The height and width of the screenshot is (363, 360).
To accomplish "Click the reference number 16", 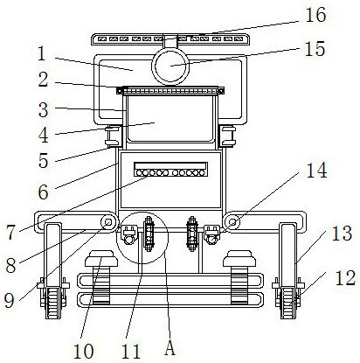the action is [x=315, y=15].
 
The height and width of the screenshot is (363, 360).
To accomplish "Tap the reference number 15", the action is [x=315, y=49].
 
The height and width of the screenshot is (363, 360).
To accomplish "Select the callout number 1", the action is [x=42, y=54].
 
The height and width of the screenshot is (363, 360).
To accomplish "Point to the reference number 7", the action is [x=10, y=233].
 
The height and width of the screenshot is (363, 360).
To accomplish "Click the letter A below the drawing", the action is [x=170, y=348].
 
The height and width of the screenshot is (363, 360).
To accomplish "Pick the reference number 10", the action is [x=83, y=352].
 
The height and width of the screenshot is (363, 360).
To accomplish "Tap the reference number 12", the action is [x=345, y=277].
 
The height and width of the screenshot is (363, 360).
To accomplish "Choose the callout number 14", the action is [x=316, y=171].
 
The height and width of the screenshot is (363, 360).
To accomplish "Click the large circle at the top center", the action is [x=170, y=66].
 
